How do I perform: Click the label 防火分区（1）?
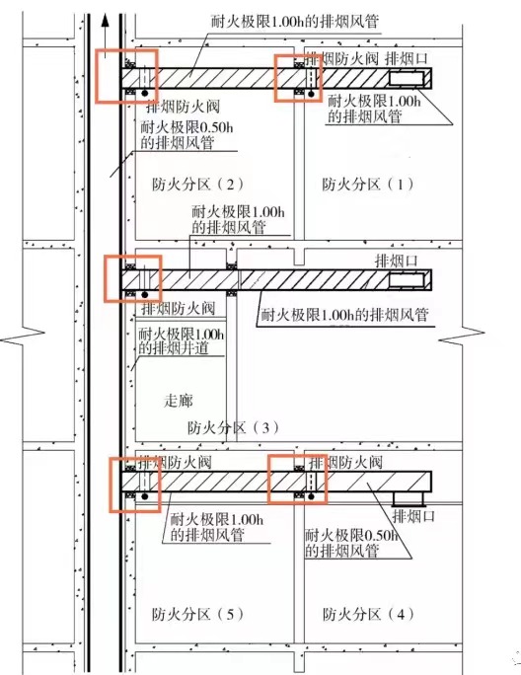(x=368, y=185)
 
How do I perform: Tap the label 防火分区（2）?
(x=197, y=185)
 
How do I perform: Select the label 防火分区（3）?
(x=233, y=427)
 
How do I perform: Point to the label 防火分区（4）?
(x=369, y=614)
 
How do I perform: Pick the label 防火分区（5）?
(x=197, y=614)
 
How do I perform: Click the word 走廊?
(x=179, y=401)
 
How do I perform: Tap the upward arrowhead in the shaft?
(x=104, y=21)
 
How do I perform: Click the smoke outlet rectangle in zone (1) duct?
(x=407, y=78)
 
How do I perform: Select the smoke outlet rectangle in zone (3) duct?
(x=407, y=280)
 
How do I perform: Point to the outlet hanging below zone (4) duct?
(x=409, y=499)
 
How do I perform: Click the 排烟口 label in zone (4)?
(x=413, y=516)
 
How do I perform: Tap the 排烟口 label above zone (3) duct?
(x=397, y=261)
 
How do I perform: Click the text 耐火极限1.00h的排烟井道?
(x=182, y=340)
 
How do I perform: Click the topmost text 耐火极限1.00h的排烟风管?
(x=295, y=21)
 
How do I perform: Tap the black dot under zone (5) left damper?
(x=145, y=496)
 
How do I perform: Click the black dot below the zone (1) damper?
(x=312, y=93)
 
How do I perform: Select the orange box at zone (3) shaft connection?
(x=133, y=278)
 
